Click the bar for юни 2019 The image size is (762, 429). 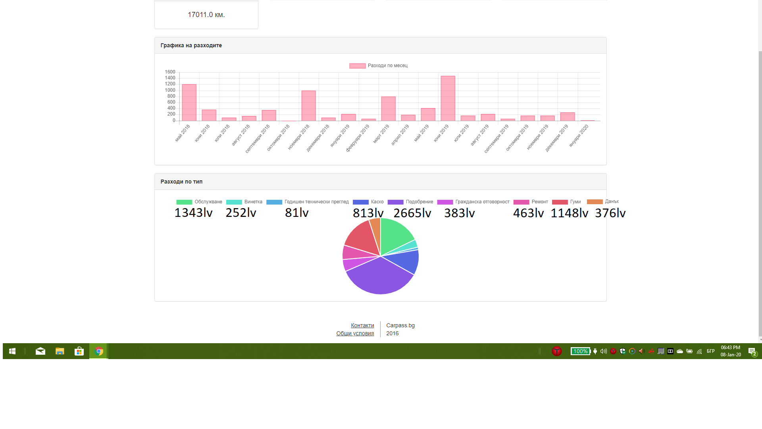point(448,99)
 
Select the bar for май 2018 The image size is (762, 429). point(189,102)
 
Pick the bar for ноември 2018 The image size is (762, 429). point(308,106)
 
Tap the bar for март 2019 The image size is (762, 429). point(388,109)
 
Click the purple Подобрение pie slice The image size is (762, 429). point(379,276)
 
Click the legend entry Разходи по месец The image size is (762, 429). point(378,66)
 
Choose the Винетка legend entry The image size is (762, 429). point(244,202)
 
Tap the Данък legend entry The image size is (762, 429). point(603,201)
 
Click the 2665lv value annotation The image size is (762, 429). point(412,213)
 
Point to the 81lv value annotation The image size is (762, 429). point(296,213)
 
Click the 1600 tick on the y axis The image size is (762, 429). point(170,72)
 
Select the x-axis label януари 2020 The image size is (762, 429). point(579,135)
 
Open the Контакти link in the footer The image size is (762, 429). point(362,325)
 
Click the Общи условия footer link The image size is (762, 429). point(355,333)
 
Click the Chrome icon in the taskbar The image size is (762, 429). point(99,351)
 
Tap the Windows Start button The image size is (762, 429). point(12,351)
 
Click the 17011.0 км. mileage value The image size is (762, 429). point(206,15)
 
